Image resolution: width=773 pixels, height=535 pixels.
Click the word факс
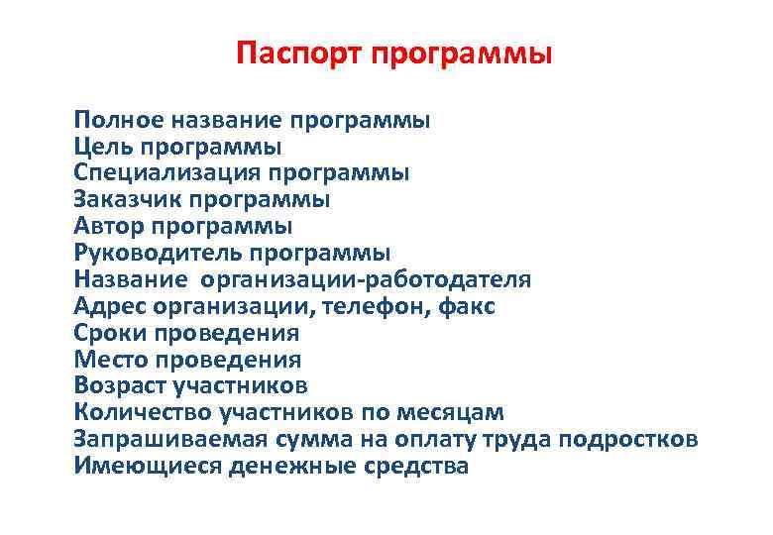(x=467, y=306)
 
